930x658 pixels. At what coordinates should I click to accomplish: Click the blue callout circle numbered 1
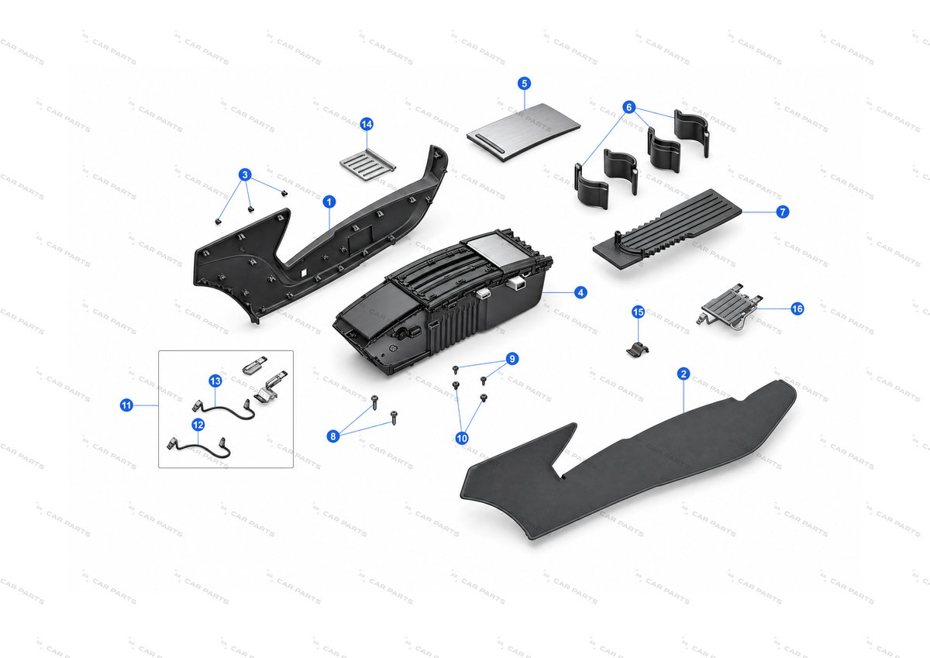[x=329, y=202]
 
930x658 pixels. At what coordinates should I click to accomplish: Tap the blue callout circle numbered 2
[x=684, y=374]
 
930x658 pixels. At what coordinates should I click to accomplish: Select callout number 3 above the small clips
[x=245, y=175]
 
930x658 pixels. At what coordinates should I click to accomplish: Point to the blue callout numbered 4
[x=580, y=293]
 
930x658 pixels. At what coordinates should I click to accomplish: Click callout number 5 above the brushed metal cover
[x=525, y=84]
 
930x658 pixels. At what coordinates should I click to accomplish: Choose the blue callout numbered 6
[x=629, y=108]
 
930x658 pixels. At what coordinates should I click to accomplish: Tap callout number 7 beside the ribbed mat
[x=783, y=212]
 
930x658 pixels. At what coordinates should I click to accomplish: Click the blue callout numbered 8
[x=333, y=436]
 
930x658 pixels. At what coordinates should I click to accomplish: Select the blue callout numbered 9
[x=512, y=359]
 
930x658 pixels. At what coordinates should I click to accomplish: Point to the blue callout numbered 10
[x=462, y=438]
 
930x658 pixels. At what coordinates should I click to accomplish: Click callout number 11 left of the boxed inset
[x=126, y=405]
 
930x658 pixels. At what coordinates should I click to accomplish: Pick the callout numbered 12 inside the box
[x=198, y=425]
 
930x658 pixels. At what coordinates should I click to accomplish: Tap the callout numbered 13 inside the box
[x=215, y=381]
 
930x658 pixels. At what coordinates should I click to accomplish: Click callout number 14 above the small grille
[x=367, y=124]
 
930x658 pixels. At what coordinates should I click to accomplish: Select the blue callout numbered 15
[x=638, y=312]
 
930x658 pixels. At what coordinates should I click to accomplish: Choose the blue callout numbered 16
[x=797, y=309]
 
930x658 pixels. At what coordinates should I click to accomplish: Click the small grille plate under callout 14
[x=367, y=165]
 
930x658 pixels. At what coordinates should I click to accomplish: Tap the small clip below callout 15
[x=637, y=350]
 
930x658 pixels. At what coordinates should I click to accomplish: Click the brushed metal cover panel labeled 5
[x=523, y=132]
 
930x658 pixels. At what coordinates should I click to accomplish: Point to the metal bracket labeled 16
[x=729, y=308]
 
